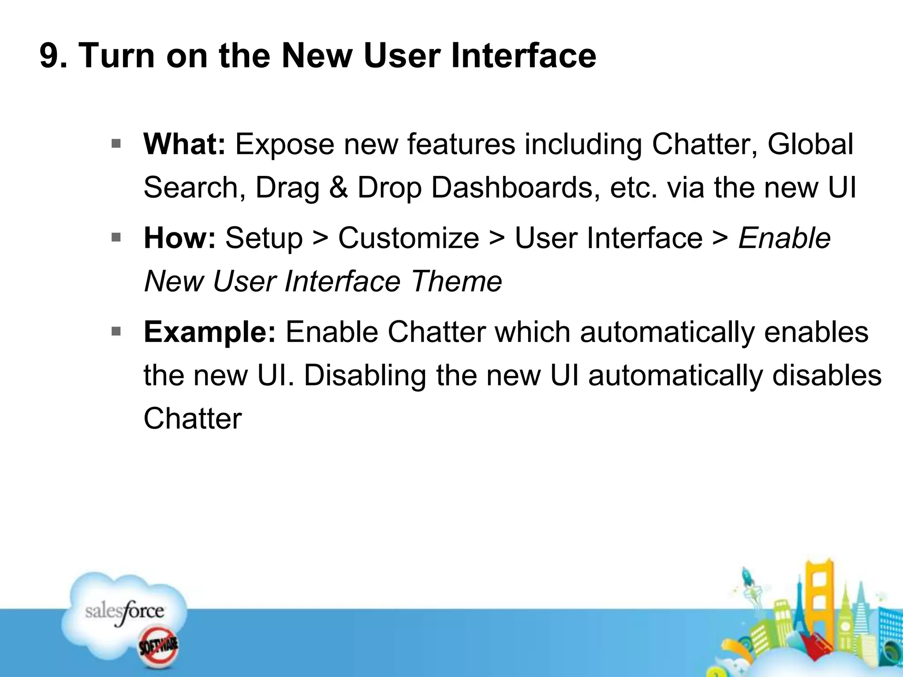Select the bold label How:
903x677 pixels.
click(179, 238)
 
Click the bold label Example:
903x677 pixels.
click(209, 332)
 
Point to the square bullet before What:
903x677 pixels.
click(116, 143)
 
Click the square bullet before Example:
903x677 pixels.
click(116, 331)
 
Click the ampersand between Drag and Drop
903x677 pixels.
click(338, 187)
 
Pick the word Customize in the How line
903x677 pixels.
click(408, 238)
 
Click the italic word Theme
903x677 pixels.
click(456, 281)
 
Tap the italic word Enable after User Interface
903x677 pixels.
click(784, 238)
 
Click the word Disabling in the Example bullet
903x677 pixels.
click(365, 376)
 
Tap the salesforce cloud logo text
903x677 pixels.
click(124, 612)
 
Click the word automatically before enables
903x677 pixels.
click(667, 332)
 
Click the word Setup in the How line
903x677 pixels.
click(264, 238)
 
